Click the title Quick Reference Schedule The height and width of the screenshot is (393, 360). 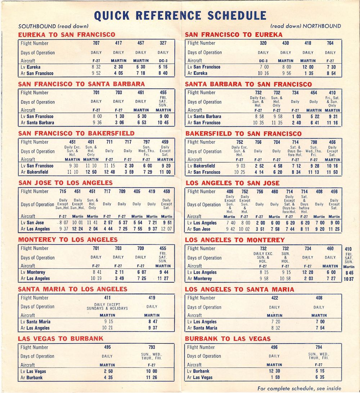180,15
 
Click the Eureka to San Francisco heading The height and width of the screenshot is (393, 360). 67,35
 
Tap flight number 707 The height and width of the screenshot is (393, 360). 96,43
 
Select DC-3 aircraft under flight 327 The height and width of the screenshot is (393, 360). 163,61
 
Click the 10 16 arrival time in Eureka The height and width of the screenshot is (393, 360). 264,73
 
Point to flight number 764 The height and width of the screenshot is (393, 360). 330,43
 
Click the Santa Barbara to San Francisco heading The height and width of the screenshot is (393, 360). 248,84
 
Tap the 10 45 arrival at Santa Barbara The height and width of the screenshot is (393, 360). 163,122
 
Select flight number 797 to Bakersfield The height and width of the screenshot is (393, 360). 147,142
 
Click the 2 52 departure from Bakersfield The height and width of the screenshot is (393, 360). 258,166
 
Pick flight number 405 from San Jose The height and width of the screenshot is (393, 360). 137,191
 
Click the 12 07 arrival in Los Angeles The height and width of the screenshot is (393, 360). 166,229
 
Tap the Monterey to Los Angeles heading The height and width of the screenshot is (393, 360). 68,240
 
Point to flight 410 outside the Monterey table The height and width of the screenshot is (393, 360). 348,249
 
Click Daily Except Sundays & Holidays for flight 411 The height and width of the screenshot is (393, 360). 107,307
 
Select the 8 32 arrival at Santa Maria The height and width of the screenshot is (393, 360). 274,328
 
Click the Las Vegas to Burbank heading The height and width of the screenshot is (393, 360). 60,339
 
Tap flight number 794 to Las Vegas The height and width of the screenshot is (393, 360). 319,347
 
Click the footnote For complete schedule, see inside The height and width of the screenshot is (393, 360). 299,388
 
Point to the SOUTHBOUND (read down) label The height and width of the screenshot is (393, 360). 53,26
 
